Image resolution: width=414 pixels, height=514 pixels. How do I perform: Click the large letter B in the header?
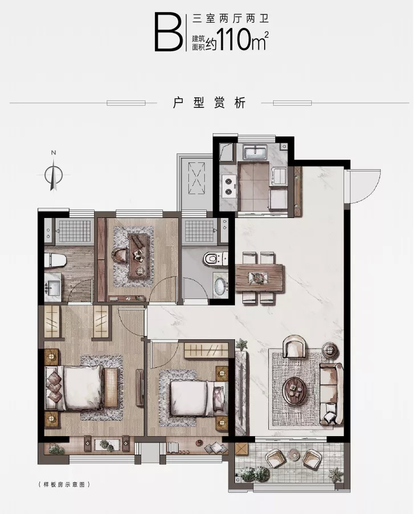(x=169, y=32)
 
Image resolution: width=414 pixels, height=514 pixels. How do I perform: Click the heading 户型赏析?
(x=210, y=103)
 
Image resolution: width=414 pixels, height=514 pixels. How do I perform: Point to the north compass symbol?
(x=54, y=174)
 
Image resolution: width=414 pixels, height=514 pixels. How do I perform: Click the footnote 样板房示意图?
(x=64, y=484)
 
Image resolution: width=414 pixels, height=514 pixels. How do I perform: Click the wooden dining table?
(x=259, y=278)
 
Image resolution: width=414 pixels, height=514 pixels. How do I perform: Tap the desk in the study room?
(x=139, y=257)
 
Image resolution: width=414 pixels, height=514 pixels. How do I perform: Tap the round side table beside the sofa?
(x=330, y=350)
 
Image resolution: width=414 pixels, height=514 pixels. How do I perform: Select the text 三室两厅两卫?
(x=231, y=19)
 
